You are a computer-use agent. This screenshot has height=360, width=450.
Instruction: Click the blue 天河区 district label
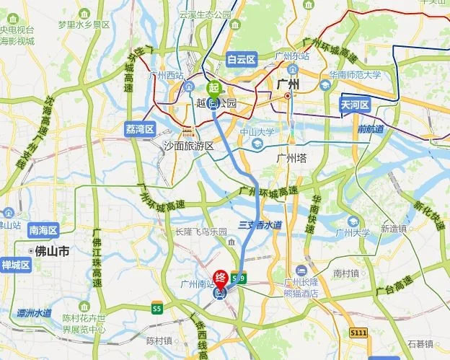click(x=355, y=105)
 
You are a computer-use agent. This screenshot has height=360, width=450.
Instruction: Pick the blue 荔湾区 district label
click(x=140, y=128)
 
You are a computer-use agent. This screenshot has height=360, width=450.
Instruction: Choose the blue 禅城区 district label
click(x=15, y=265)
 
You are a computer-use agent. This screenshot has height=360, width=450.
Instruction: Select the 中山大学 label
click(x=257, y=132)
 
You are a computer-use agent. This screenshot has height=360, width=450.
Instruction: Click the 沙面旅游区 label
click(x=188, y=146)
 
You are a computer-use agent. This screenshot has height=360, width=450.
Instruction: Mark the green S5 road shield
click(x=156, y=309)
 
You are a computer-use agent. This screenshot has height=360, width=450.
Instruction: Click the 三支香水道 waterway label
click(x=260, y=225)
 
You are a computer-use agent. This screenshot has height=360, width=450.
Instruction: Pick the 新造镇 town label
click(x=394, y=229)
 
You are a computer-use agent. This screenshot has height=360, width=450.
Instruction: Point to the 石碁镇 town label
click(x=420, y=343)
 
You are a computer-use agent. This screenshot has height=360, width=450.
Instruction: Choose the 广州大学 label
click(x=353, y=232)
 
